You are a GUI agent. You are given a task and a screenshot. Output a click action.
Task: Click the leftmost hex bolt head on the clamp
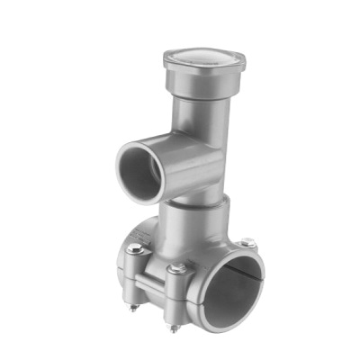point(136,248)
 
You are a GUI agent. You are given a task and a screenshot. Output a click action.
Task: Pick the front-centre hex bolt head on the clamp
point(178,267)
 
